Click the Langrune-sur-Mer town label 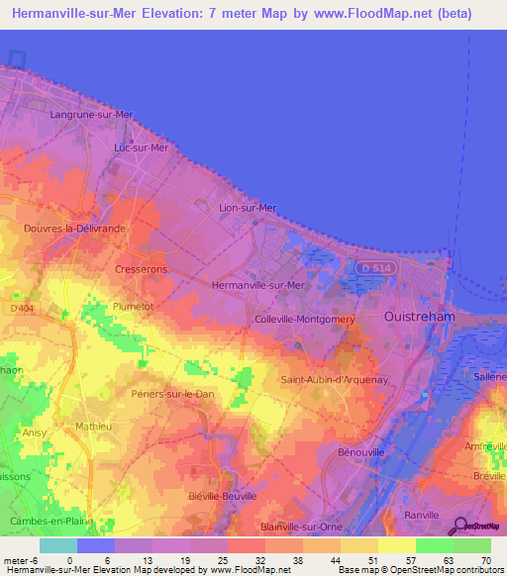point(90,115)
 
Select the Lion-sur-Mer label point(248,208)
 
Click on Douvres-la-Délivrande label point(74,229)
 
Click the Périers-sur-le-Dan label point(172,395)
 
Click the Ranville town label point(422,516)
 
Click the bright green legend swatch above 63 point(435,544)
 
